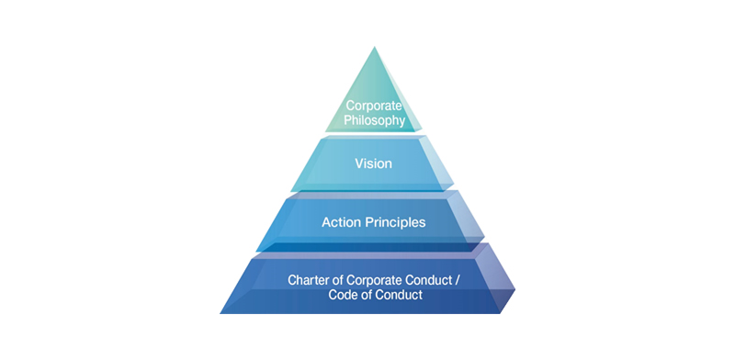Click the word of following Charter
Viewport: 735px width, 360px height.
click(335, 278)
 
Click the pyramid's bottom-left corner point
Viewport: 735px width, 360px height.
click(220, 313)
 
